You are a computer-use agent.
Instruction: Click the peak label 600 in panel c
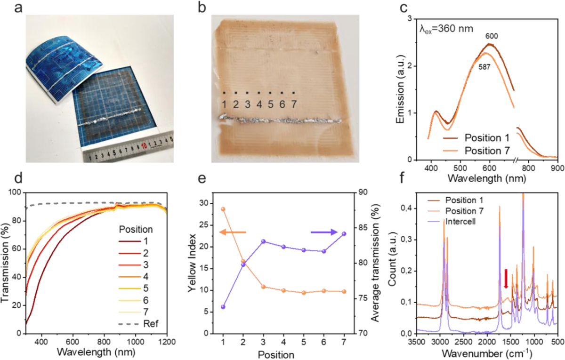tap(492, 36)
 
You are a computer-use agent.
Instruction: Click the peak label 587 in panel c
tap(484, 67)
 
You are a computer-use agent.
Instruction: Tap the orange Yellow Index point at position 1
tap(223, 209)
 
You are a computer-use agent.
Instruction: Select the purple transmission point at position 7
tap(344, 234)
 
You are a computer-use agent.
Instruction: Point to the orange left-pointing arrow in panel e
tap(232, 232)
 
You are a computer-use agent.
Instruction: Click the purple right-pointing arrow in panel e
tap(324, 232)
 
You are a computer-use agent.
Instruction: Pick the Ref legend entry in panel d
tap(138, 323)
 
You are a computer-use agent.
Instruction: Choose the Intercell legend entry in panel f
tap(452, 222)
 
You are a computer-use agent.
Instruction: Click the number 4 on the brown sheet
tap(259, 104)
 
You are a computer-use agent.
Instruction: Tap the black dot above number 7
tap(294, 93)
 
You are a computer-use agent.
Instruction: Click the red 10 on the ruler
tap(144, 146)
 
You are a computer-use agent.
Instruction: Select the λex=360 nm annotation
tap(446, 29)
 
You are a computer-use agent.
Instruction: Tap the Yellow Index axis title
tap(192, 263)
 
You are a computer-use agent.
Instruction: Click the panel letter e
tap(202, 178)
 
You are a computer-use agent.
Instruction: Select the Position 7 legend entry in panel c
tap(476, 151)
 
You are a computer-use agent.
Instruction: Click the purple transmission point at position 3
tap(263, 241)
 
